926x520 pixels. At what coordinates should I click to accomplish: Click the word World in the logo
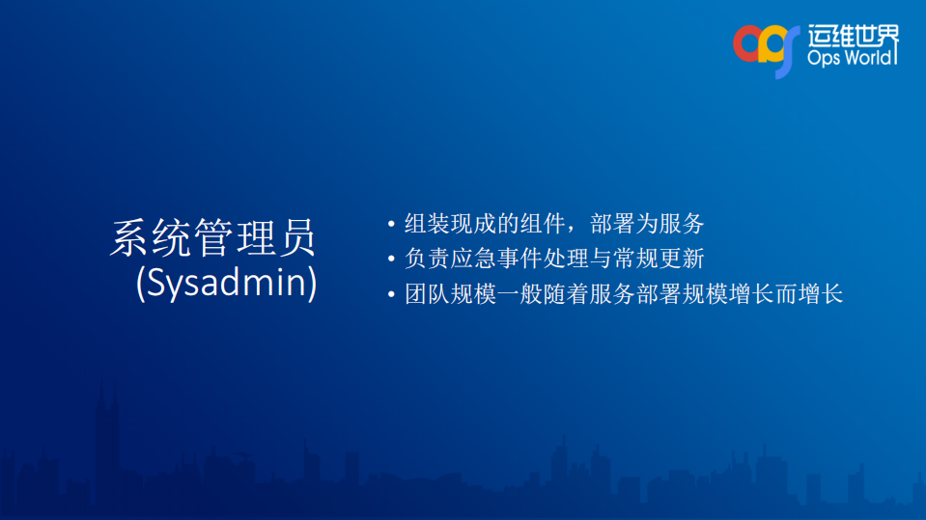point(871,59)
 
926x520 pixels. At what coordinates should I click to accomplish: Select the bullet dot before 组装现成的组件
point(391,226)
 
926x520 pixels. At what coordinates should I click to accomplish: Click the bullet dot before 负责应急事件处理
point(391,260)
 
